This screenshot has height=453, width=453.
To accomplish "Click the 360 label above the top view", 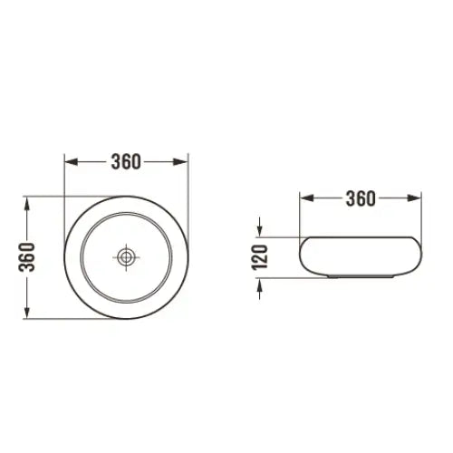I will tap(126, 162).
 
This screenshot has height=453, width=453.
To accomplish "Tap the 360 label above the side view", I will tap(360, 198).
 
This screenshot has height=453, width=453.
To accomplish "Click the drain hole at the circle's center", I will tap(126, 257).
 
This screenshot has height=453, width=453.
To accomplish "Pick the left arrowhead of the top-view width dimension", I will tap(70, 162).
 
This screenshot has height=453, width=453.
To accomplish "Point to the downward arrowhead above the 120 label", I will tap(262, 231).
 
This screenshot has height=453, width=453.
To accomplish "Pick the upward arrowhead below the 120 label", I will tap(262, 284).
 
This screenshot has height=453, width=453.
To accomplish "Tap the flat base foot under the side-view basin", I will tap(360, 275).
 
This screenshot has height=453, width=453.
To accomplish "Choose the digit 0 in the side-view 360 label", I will tap(371, 198).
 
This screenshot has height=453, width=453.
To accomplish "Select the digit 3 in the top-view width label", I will tap(115, 162).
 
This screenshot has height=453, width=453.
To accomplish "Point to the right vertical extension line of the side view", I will tap(420, 217).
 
